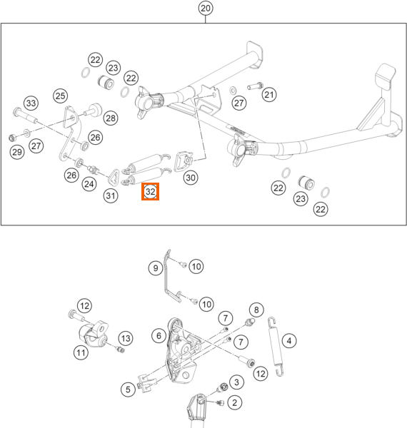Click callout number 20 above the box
tap(206, 8)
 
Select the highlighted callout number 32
tap(150, 191)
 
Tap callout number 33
tap(31, 103)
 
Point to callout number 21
tap(269, 95)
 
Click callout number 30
tap(191, 178)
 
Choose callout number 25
tap(61, 96)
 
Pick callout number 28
tap(111, 118)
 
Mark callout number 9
tap(156, 268)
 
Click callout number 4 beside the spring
tap(289, 341)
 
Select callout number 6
tap(159, 335)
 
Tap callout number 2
tap(234, 402)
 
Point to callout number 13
tap(126, 338)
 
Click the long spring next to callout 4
tap(276, 347)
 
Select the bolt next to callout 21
tap(255, 86)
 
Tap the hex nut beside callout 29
tap(11, 138)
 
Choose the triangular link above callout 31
tap(113, 178)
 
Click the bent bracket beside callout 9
tap(171, 276)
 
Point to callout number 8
tap(256, 310)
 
